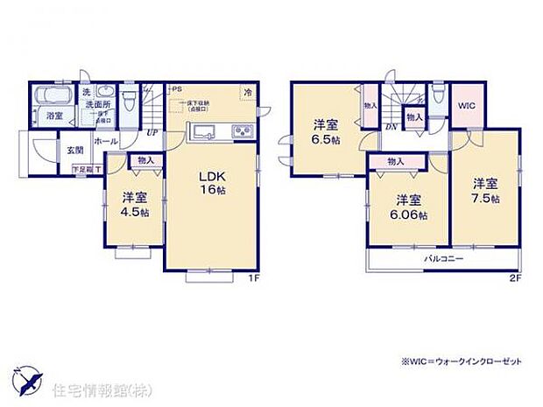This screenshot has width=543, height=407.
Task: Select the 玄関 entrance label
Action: click(74, 149)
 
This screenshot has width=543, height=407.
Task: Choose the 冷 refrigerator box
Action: click(249, 92)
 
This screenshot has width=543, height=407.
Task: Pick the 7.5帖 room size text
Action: click(486, 199)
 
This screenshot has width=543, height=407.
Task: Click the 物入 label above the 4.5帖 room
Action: click(145, 159)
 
